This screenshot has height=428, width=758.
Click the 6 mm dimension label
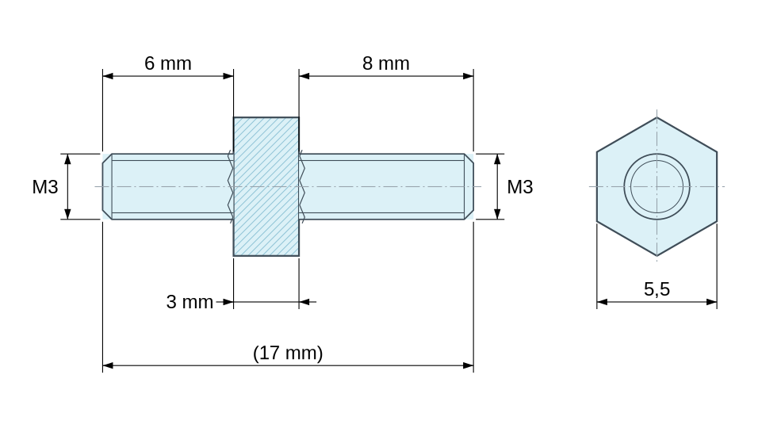168,63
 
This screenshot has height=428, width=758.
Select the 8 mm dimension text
386,63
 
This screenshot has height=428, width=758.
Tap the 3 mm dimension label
189,302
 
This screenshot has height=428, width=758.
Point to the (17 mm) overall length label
288,353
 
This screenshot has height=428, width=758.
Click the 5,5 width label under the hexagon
657,289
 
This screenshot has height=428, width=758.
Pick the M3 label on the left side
45,187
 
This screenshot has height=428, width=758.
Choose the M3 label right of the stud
519,187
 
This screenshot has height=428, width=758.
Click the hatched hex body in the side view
266,186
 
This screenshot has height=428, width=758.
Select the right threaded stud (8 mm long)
386,186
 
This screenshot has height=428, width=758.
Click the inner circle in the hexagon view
657,186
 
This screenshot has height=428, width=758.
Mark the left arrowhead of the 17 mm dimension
108,365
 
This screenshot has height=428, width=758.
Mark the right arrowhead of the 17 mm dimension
468,365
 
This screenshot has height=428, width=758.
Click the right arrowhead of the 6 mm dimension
228,76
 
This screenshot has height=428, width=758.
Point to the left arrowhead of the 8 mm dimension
304,76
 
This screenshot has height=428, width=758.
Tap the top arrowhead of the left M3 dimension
67,159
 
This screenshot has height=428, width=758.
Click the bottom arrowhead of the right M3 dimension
497,213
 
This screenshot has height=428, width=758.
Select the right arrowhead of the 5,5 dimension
711,302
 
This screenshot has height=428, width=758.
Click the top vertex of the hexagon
657,117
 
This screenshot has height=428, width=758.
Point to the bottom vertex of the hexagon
657,255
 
